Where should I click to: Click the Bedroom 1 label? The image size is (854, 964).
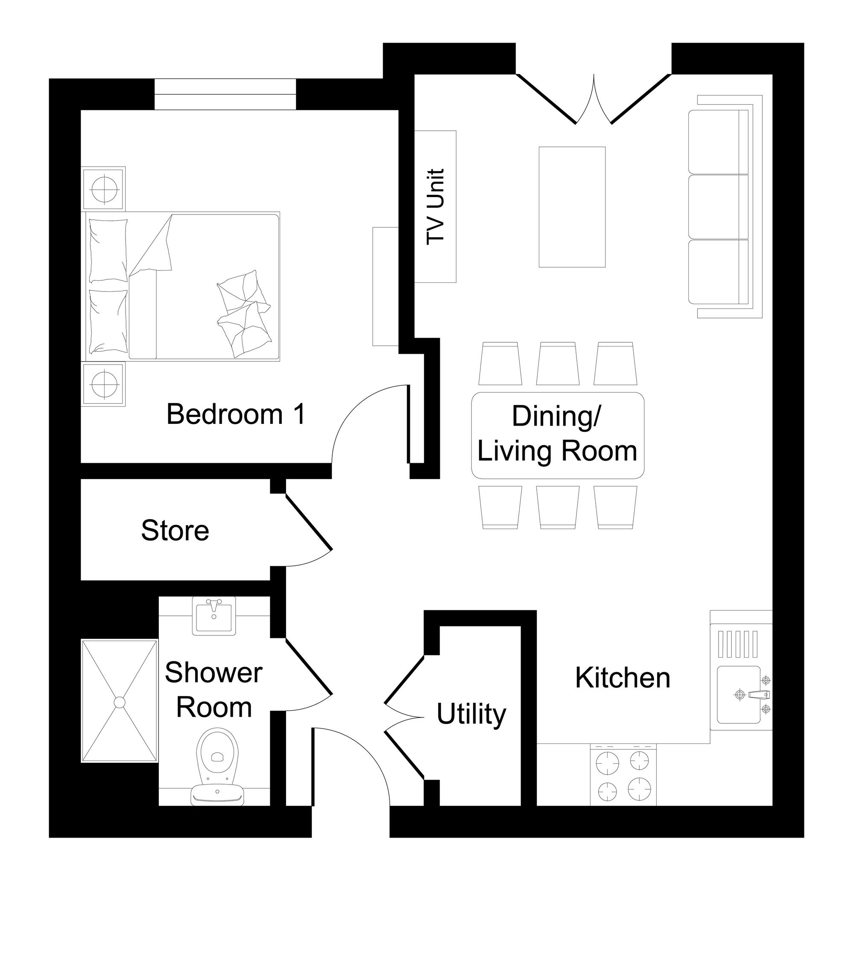[x=236, y=414]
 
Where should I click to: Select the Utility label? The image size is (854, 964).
[x=471, y=715]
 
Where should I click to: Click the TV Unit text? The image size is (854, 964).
[x=436, y=206]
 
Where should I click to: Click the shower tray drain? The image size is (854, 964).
[x=120, y=703]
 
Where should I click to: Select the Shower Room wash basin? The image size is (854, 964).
[x=214, y=615]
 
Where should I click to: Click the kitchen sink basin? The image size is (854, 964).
[x=739, y=695]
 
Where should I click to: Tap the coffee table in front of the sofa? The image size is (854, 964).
[x=572, y=207]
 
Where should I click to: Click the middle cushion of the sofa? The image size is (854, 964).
[x=718, y=207]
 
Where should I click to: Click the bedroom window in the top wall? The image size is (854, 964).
[x=225, y=94]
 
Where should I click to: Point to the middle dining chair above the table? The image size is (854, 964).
[x=558, y=364]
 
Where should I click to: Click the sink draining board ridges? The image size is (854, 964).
[x=737, y=644]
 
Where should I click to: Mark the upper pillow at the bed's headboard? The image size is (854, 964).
[x=108, y=250]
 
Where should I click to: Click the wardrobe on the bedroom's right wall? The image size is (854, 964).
[x=386, y=287]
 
